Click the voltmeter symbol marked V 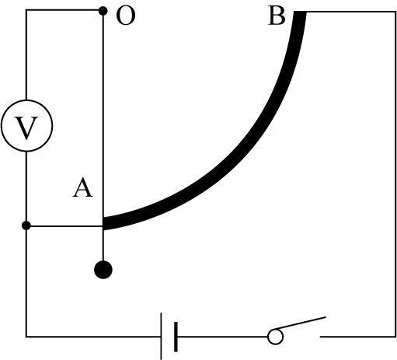pyautogui.click(x=26, y=126)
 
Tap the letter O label pyautogui.click(x=126, y=16)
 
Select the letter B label pyautogui.click(x=277, y=16)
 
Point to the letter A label pyautogui.click(x=82, y=188)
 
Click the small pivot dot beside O pyautogui.click(x=103, y=11)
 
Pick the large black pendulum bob pyautogui.click(x=103, y=270)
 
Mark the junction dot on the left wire pyautogui.click(x=26, y=225)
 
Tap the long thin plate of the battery pyautogui.click(x=161, y=336)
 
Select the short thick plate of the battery pyautogui.click(x=176, y=337)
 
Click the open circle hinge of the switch pyautogui.click(x=275, y=337)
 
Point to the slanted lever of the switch pyautogui.click(x=301, y=323)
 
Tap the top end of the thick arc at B pyautogui.click(x=300, y=12)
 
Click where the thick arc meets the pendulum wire pyautogui.click(x=103, y=223)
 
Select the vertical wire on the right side pyautogui.click(x=395, y=174)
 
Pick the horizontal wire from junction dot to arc pyautogui.click(x=64, y=226)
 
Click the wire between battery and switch pyautogui.click(x=222, y=337)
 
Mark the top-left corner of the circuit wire pyautogui.click(x=26, y=10)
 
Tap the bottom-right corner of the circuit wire pyautogui.click(x=395, y=337)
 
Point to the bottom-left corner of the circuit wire pyautogui.click(x=26, y=337)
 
